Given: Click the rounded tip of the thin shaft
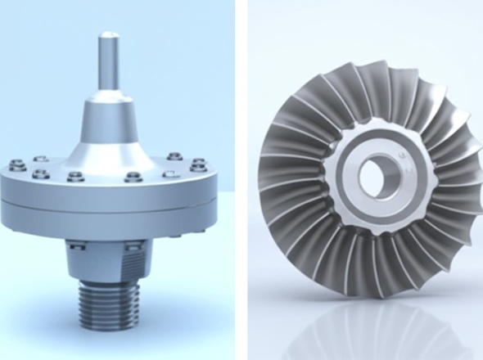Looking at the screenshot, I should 108,35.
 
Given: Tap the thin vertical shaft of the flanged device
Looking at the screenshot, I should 108,65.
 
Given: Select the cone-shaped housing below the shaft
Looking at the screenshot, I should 108,131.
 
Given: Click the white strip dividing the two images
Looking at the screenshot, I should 241,180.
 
